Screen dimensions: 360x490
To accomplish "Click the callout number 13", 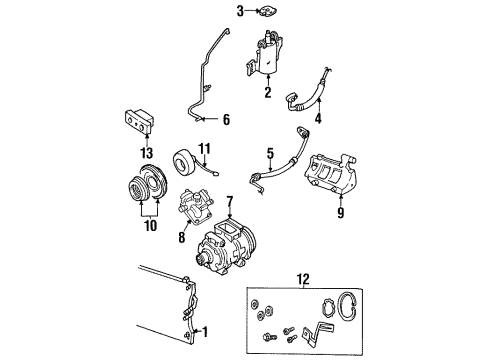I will [x=148, y=152].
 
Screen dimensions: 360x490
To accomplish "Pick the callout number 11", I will [x=205, y=150].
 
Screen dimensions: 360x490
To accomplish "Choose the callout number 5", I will [x=268, y=155].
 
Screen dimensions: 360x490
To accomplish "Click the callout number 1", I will [x=208, y=332].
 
